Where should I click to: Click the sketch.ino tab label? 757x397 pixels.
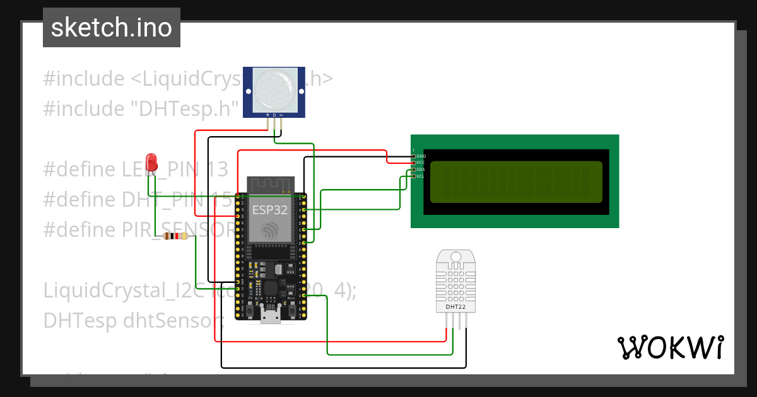111,28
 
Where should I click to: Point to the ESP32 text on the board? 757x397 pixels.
270,209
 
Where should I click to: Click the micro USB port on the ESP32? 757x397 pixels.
271,315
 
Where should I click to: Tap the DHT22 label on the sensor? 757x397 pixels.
455,307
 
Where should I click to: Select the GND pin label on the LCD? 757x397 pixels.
421,156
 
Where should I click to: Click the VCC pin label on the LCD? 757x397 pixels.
421,163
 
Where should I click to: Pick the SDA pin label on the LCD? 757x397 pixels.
421,170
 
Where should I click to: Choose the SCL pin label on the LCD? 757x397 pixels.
421,176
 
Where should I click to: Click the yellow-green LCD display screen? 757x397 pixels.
516,182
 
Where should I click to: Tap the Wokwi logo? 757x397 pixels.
670,347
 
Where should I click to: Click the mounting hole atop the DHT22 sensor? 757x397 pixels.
455,256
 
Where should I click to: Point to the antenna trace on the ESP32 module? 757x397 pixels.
270,184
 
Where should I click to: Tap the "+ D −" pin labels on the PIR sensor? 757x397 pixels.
274,115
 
